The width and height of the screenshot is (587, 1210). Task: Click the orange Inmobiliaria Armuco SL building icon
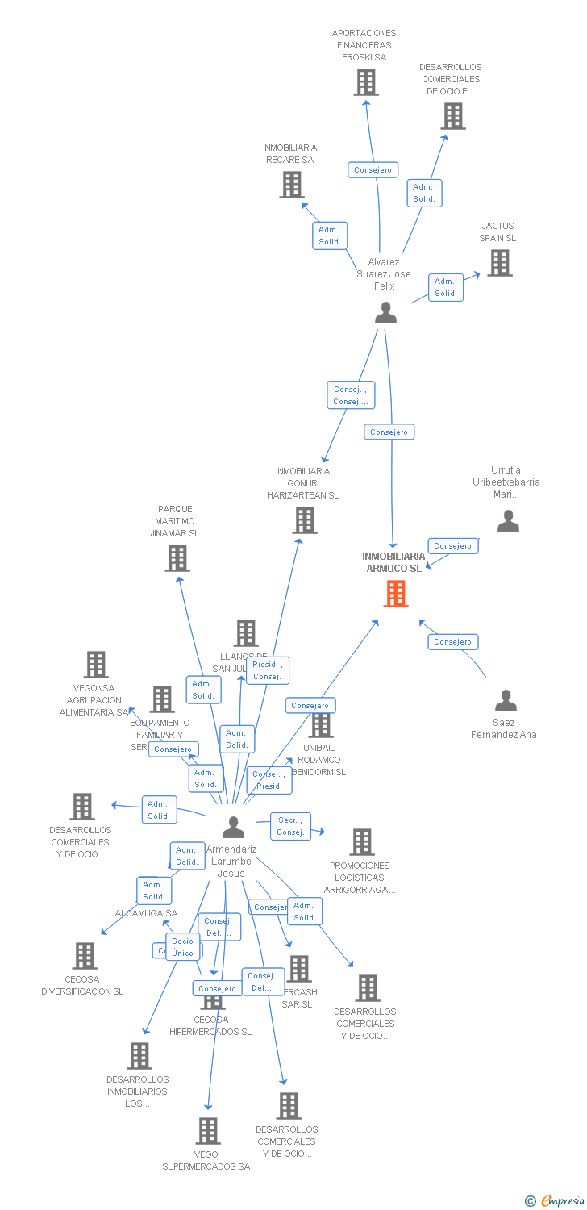click(395, 594)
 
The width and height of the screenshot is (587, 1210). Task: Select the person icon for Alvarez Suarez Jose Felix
click(386, 313)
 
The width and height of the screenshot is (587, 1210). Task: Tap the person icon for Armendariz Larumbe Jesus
click(233, 828)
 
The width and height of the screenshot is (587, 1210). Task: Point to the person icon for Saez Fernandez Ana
click(506, 700)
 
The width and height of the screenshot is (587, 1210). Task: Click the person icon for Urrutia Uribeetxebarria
click(508, 521)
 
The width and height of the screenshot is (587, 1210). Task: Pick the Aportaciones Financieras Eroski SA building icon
click(366, 82)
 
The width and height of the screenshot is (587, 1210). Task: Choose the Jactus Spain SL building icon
click(499, 263)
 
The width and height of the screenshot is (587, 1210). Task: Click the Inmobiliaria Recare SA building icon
click(291, 185)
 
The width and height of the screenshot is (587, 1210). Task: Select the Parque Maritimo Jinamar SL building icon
click(177, 558)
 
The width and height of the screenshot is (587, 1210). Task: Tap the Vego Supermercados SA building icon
click(208, 1131)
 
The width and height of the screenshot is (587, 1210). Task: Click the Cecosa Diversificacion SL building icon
click(84, 956)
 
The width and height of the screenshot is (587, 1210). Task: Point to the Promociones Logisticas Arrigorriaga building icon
click(361, 842)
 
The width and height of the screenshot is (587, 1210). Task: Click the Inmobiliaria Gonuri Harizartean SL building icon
click(305, 520)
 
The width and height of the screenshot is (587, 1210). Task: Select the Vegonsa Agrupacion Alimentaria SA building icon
click(96, 665)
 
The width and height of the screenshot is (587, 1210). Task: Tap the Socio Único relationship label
click(183, 947)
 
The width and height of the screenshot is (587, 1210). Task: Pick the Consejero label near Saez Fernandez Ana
click(452, 642)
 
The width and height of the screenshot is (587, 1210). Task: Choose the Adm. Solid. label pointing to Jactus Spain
click(446, 287)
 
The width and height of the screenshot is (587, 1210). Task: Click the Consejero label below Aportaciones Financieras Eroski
click(373, 170)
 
